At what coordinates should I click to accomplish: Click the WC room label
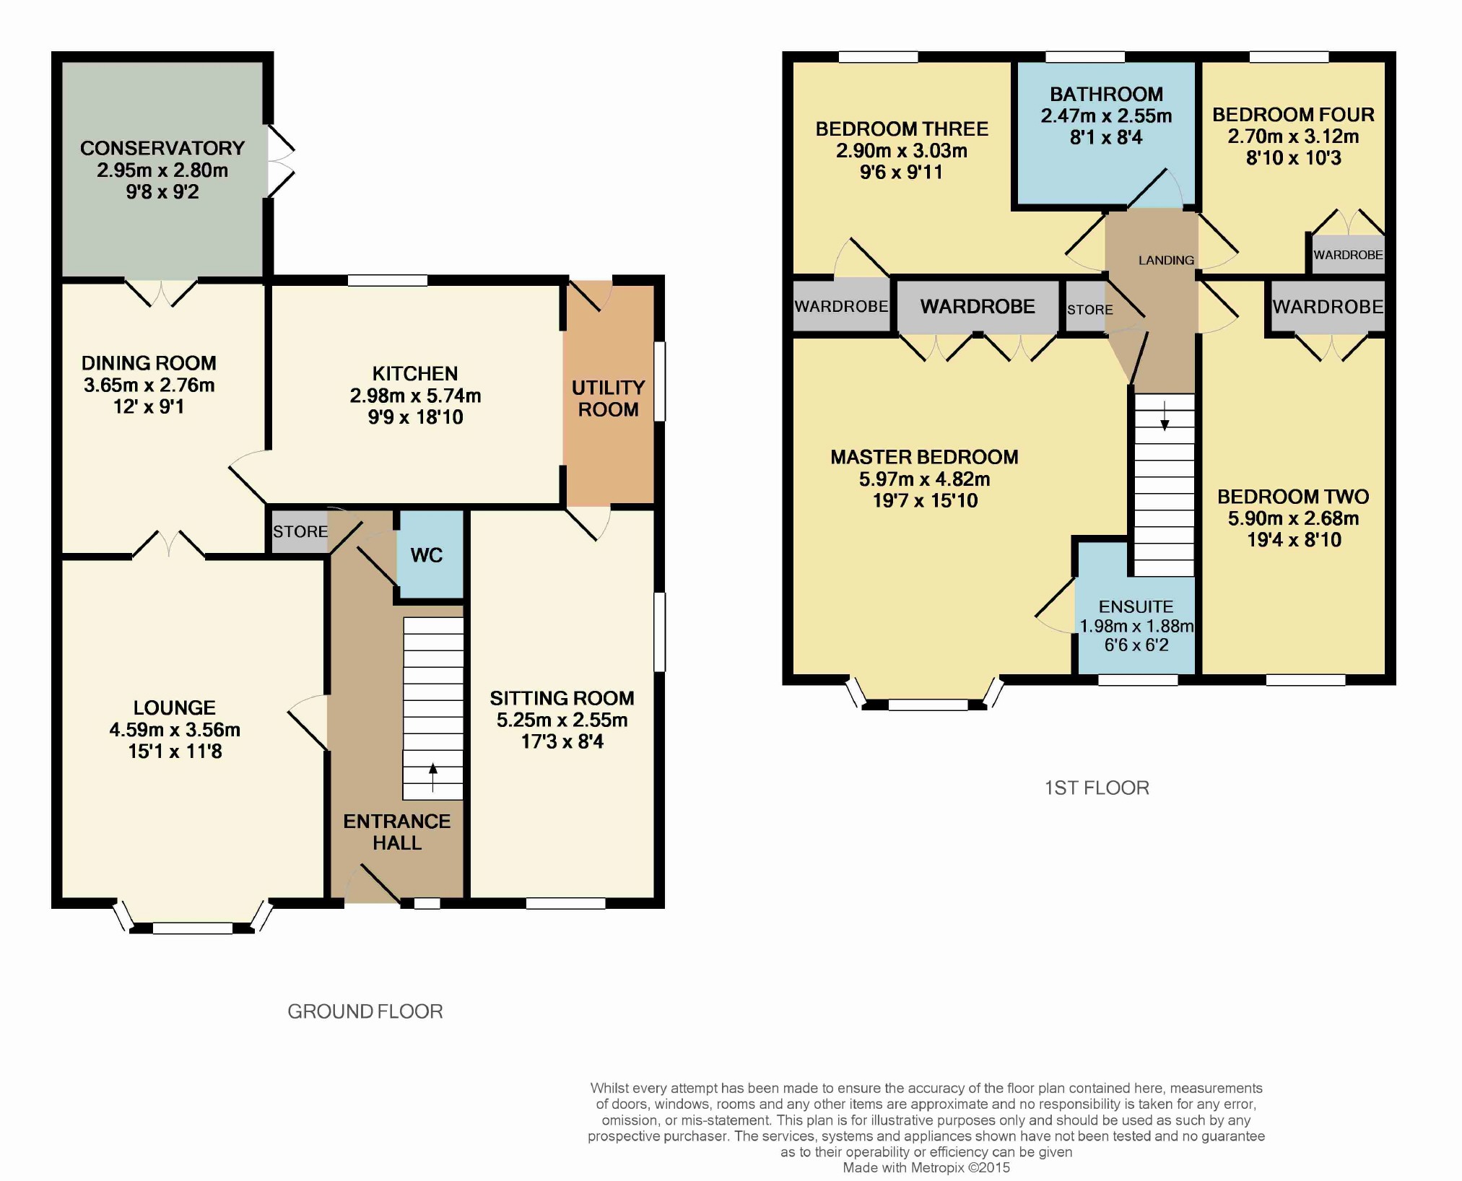click(427, 555)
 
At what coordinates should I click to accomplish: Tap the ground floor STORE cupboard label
click(300, 531)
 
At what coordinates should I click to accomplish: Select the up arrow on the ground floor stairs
click(433, 777)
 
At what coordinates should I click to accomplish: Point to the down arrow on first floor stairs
click(1165, 416)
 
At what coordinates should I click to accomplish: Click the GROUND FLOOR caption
click(365, 1011)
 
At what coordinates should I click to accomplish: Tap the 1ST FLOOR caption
click(1097, 788)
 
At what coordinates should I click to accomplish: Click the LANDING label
click(1166, 260)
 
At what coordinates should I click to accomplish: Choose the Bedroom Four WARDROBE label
click(1348, 255)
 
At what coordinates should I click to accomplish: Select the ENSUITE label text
click(1136, 606)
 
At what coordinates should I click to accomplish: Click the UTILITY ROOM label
click(608, 398)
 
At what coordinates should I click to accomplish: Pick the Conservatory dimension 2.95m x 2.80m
click(162, 170)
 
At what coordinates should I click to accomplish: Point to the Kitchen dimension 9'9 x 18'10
click(415, 417)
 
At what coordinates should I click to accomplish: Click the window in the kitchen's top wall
click(388, 280)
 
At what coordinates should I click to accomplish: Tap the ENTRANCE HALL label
click(397, 832)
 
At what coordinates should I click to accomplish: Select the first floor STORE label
click(1090, 310)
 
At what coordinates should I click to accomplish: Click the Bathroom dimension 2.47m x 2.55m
click(1106, 116)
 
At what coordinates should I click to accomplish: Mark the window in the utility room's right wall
click(660, 381)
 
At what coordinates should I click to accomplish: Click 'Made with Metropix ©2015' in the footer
click(926, 1167)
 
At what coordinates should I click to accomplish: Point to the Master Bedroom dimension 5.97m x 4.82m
click(925, 479)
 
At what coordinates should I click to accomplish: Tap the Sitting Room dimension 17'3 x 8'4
click(562, 741)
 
